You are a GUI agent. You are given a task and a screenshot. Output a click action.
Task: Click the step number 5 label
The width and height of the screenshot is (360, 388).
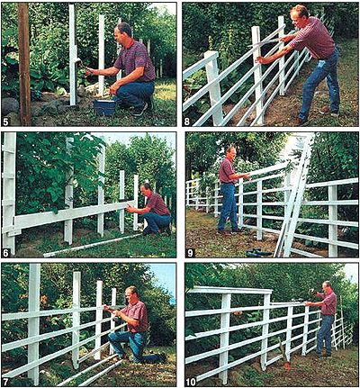coord(5,122)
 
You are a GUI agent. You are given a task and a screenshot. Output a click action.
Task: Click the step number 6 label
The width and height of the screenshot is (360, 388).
coord(5,252)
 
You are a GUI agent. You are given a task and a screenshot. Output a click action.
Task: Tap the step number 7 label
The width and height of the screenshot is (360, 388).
coord(5,382)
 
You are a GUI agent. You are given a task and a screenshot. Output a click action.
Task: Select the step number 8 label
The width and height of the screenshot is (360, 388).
coord(187,122)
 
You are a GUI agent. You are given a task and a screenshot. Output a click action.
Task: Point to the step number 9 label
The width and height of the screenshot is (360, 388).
coord(190,253)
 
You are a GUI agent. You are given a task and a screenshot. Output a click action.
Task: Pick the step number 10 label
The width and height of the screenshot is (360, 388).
coord(191,382)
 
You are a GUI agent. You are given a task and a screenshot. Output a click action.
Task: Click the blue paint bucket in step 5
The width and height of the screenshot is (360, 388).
coord(104,108)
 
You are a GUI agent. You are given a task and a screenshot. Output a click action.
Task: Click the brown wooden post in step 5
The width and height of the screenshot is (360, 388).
coord(24,64)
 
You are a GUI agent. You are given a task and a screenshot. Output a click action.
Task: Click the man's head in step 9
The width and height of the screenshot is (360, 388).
coord(230,152)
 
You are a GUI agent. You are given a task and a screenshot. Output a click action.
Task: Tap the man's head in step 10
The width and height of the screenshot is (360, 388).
coord(327,286)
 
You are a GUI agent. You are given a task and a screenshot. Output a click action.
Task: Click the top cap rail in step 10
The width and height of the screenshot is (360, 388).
coord(230,290)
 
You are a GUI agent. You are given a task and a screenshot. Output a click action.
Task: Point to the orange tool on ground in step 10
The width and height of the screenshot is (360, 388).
coord(287,366)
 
